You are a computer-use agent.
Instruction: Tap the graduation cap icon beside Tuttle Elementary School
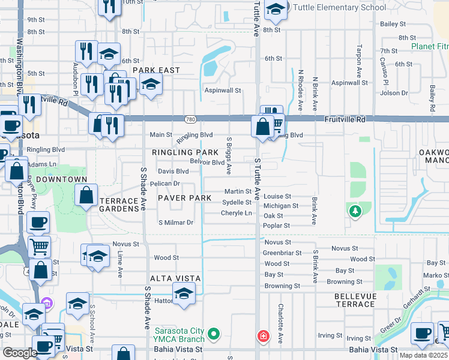[x=276, y=8]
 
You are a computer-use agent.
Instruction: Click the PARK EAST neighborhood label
[x=156, y=70]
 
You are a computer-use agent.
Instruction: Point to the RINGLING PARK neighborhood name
[x=185, y=153]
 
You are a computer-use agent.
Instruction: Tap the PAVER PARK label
[x=184, y=197]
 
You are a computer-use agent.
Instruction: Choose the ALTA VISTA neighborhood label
[x=175, y=279]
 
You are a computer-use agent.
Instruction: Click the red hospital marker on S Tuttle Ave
[x=262, y=336]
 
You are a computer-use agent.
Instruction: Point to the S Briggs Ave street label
[x=229, y=155]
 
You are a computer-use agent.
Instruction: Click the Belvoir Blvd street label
[x=207, y=162]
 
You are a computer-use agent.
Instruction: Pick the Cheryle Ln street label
[x=236, y=213]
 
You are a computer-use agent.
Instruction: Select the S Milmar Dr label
[x=175, y=223]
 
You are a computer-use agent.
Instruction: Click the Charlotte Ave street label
[x=280, y=322]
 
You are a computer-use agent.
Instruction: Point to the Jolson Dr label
[x=394, y=93]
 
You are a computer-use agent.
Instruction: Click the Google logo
[x=20, y=352]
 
